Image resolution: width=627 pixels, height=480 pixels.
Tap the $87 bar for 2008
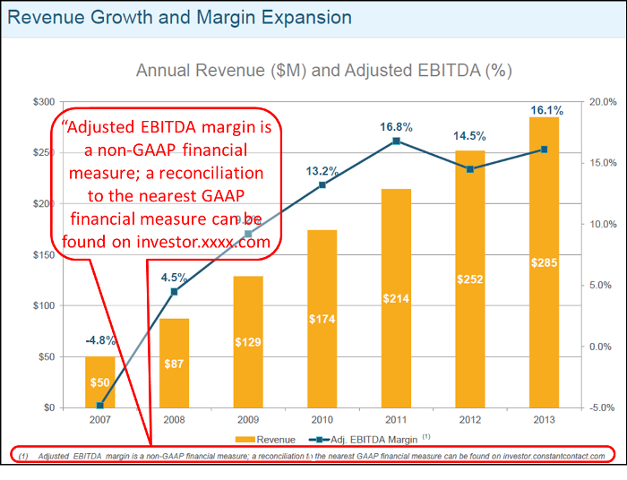pyautogui.click(x=175, y=363)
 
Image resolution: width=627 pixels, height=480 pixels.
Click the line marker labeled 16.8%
pyautogui.click(x=396, y=141)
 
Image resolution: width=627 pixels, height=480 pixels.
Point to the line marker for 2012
pyautogui.click(x=470, y=169)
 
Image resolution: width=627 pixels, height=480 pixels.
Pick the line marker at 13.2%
pyautogui.click(x=322, y=184)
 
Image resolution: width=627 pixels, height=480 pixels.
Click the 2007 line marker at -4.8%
pyautogui.click(x=100, y=406)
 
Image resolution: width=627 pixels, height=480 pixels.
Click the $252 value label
pyautogui.click(x=470, y=279)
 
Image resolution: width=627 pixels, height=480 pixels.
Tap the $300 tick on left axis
pyautogui.click(x=44, y=102)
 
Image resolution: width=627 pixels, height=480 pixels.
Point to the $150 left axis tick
pyautogui.click(x=44, y=255)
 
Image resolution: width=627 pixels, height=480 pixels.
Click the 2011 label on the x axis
pyautogui.click(x=396, y=420)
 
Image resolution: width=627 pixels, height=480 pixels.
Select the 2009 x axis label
pyautogui.click(x=248, y=420)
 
